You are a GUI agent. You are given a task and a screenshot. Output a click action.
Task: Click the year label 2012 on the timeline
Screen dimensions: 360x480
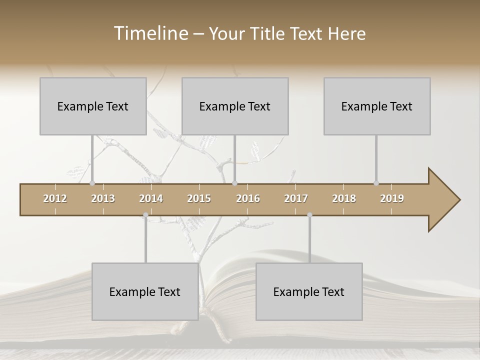(x=55, y=198)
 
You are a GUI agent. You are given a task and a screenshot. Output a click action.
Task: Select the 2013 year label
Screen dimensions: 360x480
(x=103, y=198)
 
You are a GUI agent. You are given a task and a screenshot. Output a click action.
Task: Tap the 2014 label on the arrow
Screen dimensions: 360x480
(x=151, y=198)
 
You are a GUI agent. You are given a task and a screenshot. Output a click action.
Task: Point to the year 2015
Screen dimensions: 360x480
(x=199, y=198)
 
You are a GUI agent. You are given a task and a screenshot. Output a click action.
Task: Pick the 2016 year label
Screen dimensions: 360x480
(x=248, y=198)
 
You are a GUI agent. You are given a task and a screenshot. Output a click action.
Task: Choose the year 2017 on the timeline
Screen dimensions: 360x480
(x=296, y=198)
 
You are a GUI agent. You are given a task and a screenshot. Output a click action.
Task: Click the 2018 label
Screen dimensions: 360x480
(x=344, y=198)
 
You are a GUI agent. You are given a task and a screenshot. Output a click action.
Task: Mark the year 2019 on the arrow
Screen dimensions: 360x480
(x=392, y=198)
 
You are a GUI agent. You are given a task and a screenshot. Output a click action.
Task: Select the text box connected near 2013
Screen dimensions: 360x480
(x=93, y=106)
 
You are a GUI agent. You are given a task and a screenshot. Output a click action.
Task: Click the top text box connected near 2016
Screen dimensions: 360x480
(x=235, y=106)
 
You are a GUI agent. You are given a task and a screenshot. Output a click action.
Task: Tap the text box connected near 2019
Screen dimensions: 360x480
(x=377, y=106)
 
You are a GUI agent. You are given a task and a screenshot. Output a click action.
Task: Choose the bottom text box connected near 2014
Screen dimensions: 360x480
(x=145, y=291)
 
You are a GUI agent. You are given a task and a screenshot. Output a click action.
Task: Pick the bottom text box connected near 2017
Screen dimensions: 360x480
(x=309, y=291)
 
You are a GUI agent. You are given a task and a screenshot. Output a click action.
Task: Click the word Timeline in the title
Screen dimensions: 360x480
(x=150, y=33)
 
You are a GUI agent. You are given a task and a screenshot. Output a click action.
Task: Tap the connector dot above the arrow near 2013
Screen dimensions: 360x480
(x=92, y=183)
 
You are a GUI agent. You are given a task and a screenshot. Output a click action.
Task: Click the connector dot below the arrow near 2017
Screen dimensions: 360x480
(x=309, y=215)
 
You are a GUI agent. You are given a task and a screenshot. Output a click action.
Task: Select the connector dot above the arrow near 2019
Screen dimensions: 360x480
(x=376, y=183)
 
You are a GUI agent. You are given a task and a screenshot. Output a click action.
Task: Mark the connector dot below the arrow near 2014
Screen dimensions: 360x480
(x=145, y=215)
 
